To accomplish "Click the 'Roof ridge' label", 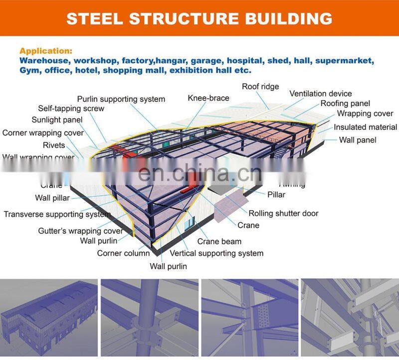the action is [260, 86].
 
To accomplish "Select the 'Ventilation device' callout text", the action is [320, 93].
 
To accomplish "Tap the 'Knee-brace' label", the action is [208, 98].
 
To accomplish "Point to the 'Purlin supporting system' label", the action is [121, 99].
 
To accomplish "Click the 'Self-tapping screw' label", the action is [71, 108].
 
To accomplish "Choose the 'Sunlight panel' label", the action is [57, 120].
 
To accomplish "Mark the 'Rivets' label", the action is [54, 145].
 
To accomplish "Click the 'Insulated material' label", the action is [365, 127].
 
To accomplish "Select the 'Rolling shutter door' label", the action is [283, 213].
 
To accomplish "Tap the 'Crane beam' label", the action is [219, 241].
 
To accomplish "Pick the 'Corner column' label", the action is [123, 253].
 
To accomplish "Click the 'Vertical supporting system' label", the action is [216, 253].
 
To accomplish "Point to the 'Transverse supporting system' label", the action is [57, 214].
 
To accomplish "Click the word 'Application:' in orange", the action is [46, 51].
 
